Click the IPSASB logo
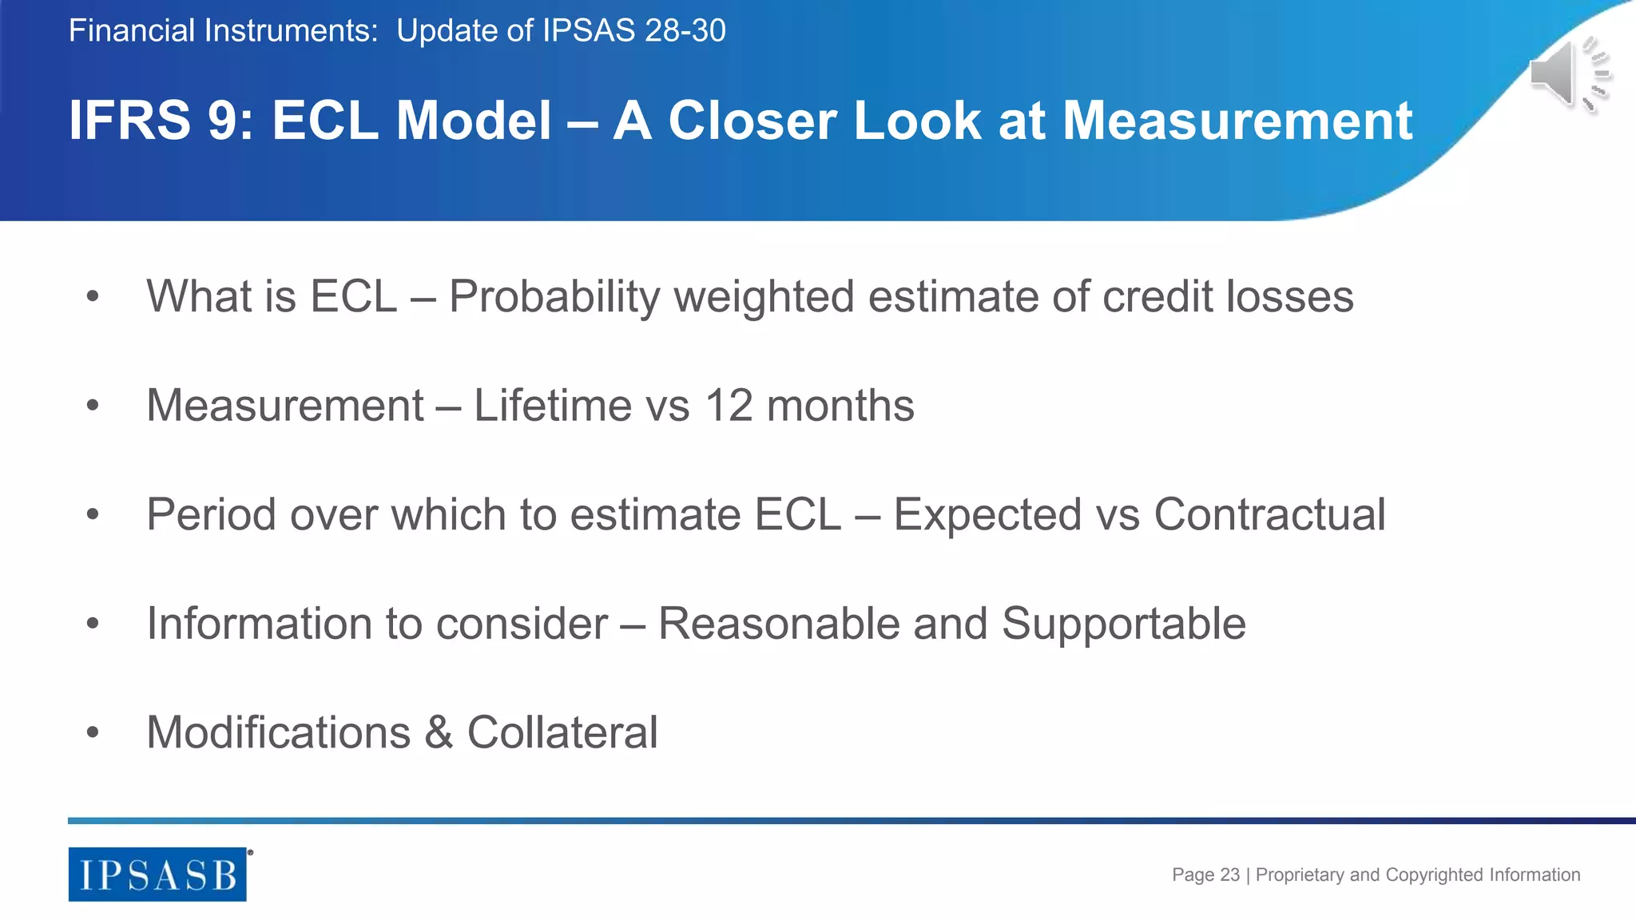pos(157,874)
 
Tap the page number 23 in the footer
pos(1229,874)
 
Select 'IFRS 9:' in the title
pos(161,121)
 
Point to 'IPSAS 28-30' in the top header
pos(634,31)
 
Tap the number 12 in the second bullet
pos(729,406)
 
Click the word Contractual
pos(1269,514)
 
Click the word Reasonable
pos(779,624)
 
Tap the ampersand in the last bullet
pos(439,732)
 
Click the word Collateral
pos(562,732)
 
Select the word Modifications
pos(279,732)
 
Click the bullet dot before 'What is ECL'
pos(93,297)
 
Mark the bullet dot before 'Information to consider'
pos(93,624)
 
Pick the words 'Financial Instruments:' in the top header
pos(223,31)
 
